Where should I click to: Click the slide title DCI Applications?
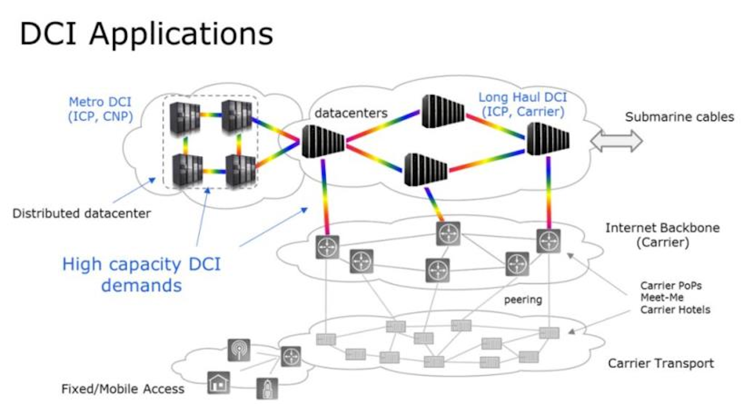pyautogui.click(x=146, y=34)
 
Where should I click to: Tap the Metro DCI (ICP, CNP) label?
pyautogui.click(x=100, y=109)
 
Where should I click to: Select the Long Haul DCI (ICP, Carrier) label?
pyautogui.click(x=522, y=104)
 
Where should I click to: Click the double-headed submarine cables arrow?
pyautogui.click(x=616, y=141)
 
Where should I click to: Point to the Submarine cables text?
pyautogui.click(x=679, y=117)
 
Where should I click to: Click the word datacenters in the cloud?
pyautogui.click(x=351, y=113)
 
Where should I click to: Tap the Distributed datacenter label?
pyautogui.click(x=81, y=213)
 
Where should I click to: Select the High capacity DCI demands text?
pyautogui.click(x=141, y=275)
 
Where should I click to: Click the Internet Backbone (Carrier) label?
pyautogui.click(x=662, y=235)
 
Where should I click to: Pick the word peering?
pyautogui.click(x=523, y=300)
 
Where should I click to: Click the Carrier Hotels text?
pyautogui.click(x=675, y=310)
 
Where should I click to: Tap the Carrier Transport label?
pyautogui.click(x=661, y=363)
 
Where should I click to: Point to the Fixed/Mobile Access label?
pyautogui.click(x=123, y=389)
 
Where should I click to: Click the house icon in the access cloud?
pyautogui.click(x=218, y=383)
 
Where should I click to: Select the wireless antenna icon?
pyautogui.click(x=239, y=350)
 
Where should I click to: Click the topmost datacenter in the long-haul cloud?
pyautogui.click(x=443, y=111)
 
